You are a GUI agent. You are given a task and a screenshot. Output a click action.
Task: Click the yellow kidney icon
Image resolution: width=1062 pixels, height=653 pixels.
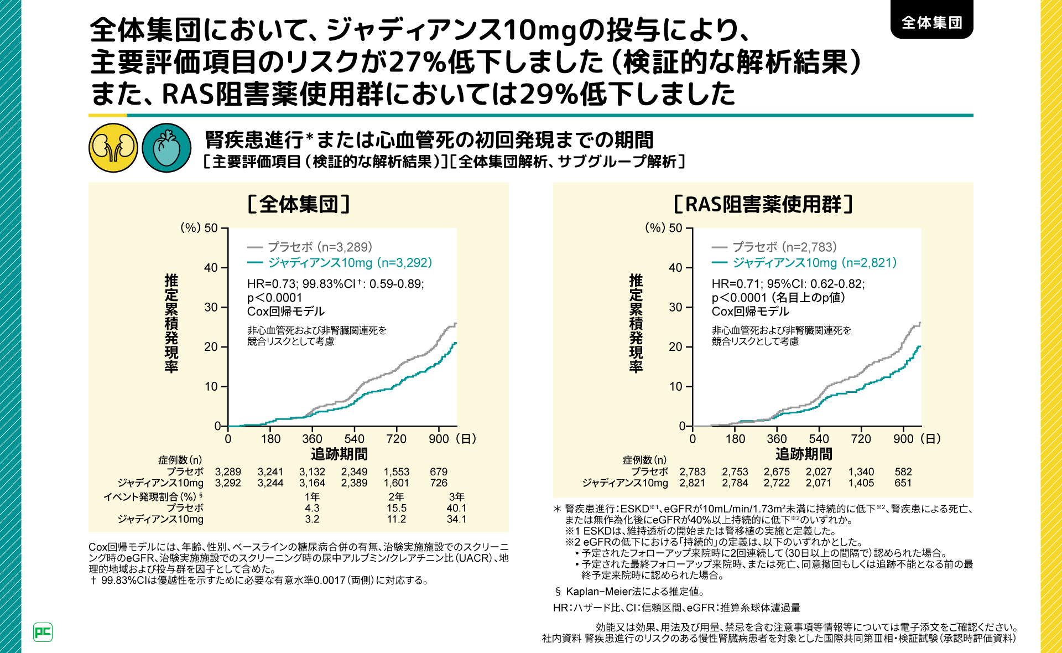113,148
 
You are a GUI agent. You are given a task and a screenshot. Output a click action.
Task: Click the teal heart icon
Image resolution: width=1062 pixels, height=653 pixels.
166,148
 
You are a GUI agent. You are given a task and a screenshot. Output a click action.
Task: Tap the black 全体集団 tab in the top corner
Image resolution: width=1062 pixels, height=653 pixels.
931,22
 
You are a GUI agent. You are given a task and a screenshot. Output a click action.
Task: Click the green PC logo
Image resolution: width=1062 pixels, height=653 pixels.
43,632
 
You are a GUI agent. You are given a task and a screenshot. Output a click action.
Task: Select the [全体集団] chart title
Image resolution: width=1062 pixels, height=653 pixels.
299,204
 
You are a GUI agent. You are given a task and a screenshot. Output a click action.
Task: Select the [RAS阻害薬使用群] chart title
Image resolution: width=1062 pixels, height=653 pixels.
763,204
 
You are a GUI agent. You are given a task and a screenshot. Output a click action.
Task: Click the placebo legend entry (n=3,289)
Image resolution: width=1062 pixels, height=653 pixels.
310,247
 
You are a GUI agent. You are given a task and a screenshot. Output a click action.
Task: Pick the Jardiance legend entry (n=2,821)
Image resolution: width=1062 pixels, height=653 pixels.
804,262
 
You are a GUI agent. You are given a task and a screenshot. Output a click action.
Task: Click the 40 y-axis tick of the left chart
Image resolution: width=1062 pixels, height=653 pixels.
211,268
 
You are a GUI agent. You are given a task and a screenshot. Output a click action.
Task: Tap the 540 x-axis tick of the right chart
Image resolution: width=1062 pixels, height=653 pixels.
819,439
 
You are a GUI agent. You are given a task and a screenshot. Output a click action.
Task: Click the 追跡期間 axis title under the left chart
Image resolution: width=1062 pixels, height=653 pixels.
339,454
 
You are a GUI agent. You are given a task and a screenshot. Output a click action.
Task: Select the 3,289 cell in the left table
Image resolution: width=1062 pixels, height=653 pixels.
228,472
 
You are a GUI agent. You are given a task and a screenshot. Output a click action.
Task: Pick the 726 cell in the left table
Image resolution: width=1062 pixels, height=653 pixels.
439,483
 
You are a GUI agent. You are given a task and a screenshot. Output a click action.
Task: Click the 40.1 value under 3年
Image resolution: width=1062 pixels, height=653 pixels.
456,508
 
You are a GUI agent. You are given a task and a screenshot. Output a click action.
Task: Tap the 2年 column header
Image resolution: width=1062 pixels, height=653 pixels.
396,497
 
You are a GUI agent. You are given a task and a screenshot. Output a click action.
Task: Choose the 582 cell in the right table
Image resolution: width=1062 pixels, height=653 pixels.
903,472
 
